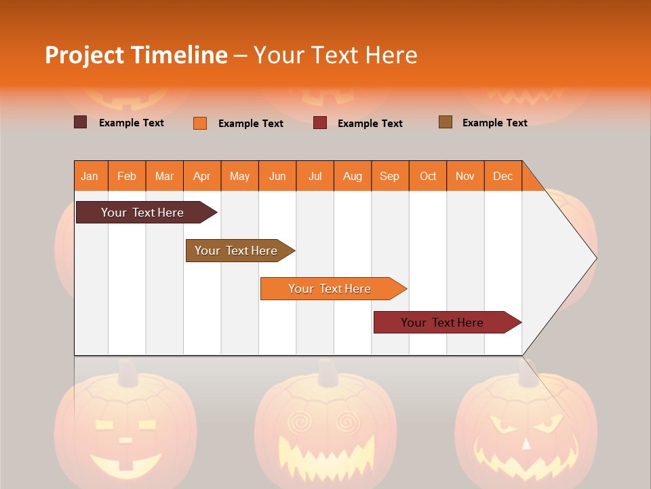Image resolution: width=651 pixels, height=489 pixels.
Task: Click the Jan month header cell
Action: coord(90,176)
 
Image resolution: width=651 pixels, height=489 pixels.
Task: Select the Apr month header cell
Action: coord(202,176)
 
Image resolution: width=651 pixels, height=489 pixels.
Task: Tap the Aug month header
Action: coord(353,176)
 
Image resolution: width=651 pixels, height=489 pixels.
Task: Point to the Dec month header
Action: coord(502,176)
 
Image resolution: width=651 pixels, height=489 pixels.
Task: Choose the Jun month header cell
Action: coord(277,176)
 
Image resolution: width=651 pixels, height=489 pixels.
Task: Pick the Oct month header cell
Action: coord(428,176)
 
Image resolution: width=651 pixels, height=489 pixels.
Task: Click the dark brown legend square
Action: coord(81,122)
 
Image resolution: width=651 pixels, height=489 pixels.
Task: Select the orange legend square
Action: coord(200,123)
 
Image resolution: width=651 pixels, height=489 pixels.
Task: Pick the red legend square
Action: coord(320,123)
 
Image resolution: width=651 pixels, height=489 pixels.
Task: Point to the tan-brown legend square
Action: coord(446,122)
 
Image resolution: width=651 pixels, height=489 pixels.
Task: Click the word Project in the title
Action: coord(85,55)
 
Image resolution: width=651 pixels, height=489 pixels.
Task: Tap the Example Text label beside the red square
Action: coord(370,124)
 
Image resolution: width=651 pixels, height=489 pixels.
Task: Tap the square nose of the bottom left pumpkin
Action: coord(126,440)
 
